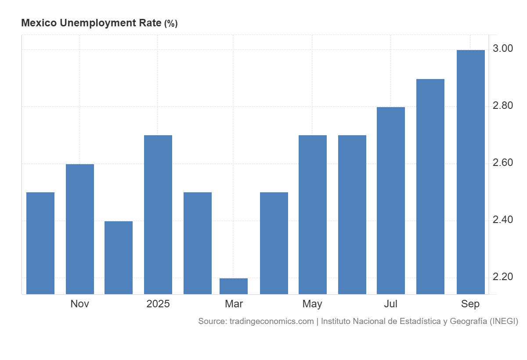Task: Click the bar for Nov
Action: (79, 229)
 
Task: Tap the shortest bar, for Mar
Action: (234, 286)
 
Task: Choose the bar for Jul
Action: (391, 200)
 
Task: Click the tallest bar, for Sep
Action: (471, 172)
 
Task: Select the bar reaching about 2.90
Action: (430, 186)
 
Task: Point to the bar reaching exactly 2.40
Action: (119, 257)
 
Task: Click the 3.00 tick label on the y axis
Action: (503, 48)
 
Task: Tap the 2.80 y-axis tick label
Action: (503, 105)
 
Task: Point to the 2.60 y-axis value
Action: (503, 162)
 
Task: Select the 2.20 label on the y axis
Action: (503, 277)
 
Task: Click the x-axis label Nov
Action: (79, 304)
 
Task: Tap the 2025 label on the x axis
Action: (158, 304)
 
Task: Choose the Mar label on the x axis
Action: (234, 304)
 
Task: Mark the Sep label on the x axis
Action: (470, 304)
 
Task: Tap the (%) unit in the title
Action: (171, 24)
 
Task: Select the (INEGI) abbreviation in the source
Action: (504, 321)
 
